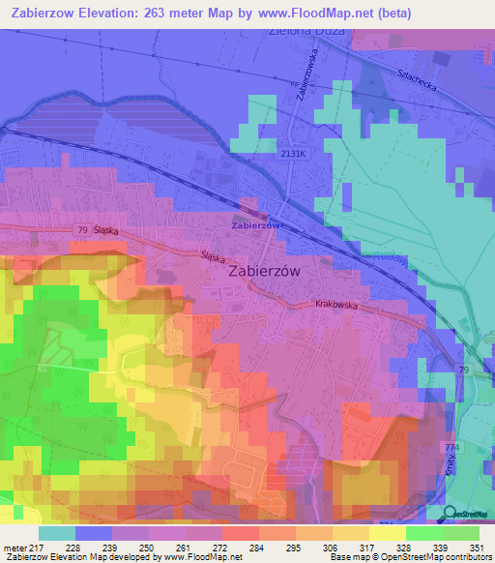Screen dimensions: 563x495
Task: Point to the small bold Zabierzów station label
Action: [255, 225]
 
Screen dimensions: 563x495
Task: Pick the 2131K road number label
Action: [293, 153]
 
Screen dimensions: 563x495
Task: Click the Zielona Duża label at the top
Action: [298, 30]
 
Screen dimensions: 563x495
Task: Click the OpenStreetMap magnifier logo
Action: [450, 514]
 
